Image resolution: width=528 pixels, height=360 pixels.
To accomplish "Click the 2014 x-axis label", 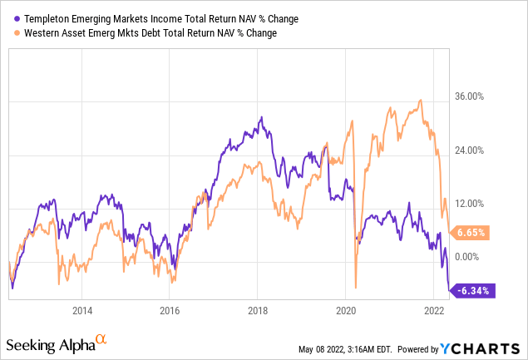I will click(x=81, y=311).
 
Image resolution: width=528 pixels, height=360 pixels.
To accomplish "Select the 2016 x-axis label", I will click(x=170, y=311).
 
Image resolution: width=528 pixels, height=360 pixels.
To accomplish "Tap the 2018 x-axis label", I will click(x=258, y=311).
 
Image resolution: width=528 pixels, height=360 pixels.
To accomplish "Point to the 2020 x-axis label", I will click(x=346, y=311).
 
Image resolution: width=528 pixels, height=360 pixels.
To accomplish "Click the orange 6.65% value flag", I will click(x=470, y=233).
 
